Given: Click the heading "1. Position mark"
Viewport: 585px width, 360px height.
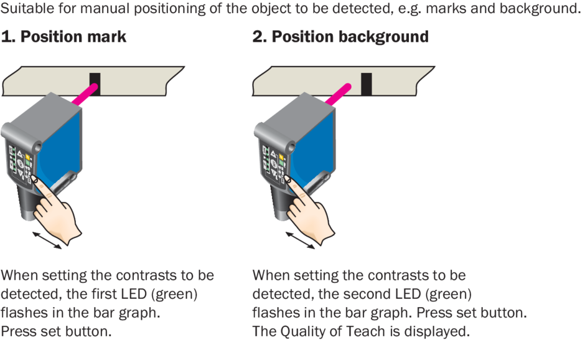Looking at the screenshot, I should click(x=63, y=37).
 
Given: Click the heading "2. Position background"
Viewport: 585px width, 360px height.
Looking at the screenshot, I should click(x=340, y=37).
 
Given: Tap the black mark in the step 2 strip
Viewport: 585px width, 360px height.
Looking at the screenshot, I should click(x=367, y=84).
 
